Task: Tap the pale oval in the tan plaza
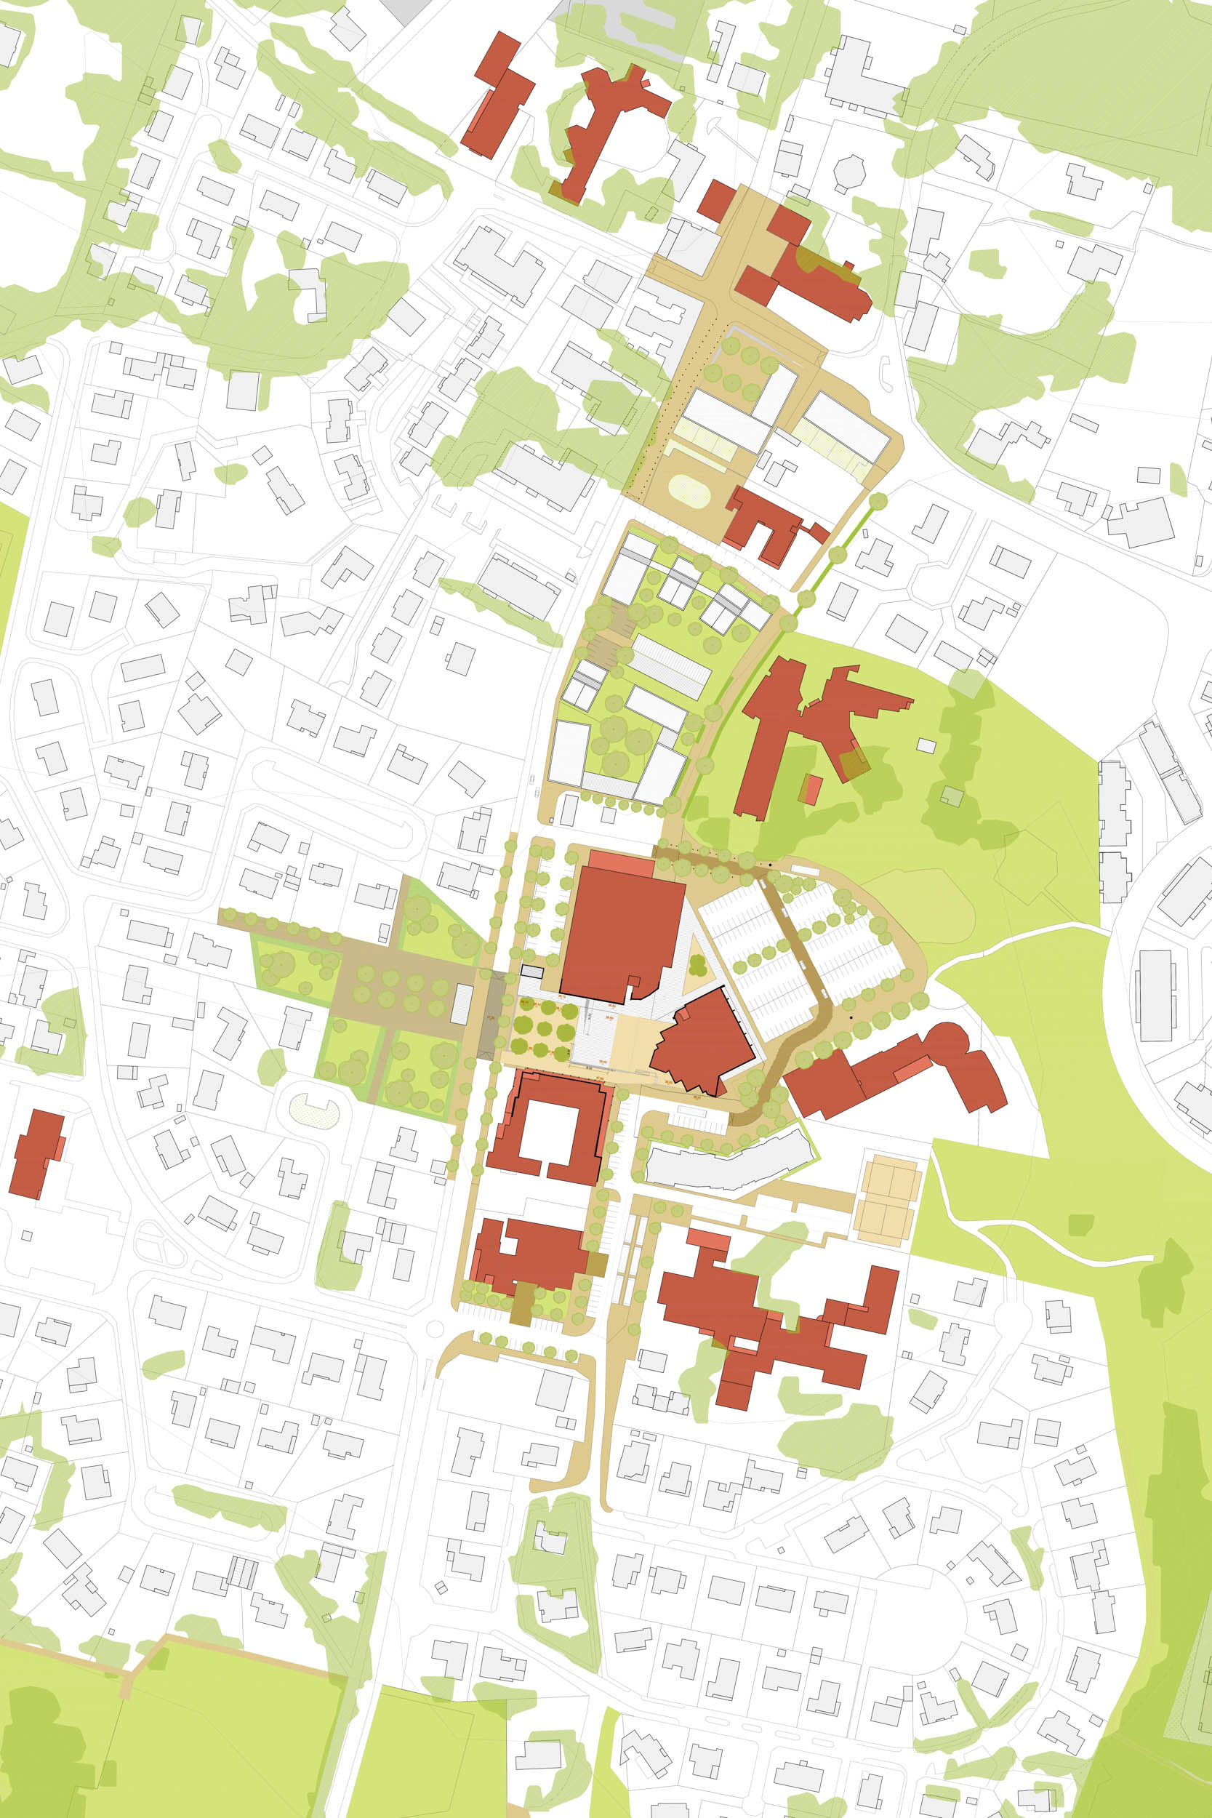click(x=689, y=492)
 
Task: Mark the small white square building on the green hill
click(x=926, y=746)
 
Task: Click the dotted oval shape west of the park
click(x=314, y=1113)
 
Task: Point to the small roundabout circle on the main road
click(x=434, y=1328)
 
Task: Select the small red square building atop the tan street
click(x=717, y=199)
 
